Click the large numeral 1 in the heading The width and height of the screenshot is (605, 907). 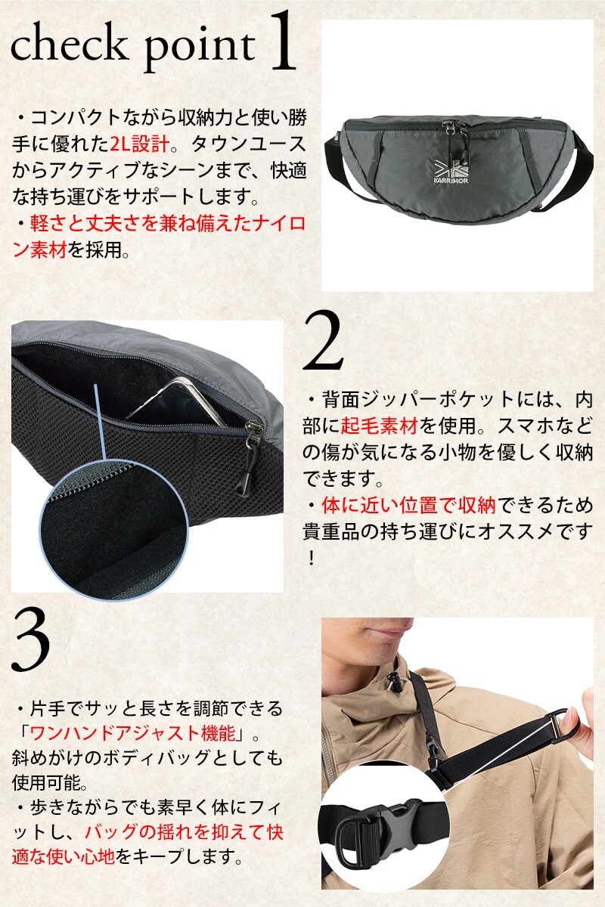tap(282, 42)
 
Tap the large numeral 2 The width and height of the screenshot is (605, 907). tap(323, 342)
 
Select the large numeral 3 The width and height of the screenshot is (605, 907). tap(31, 642)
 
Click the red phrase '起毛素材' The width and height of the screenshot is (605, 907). tap(379, 426)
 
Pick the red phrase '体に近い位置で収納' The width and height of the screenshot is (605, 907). tap(408, 505)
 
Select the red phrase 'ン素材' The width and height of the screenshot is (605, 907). tap(39, 251)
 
